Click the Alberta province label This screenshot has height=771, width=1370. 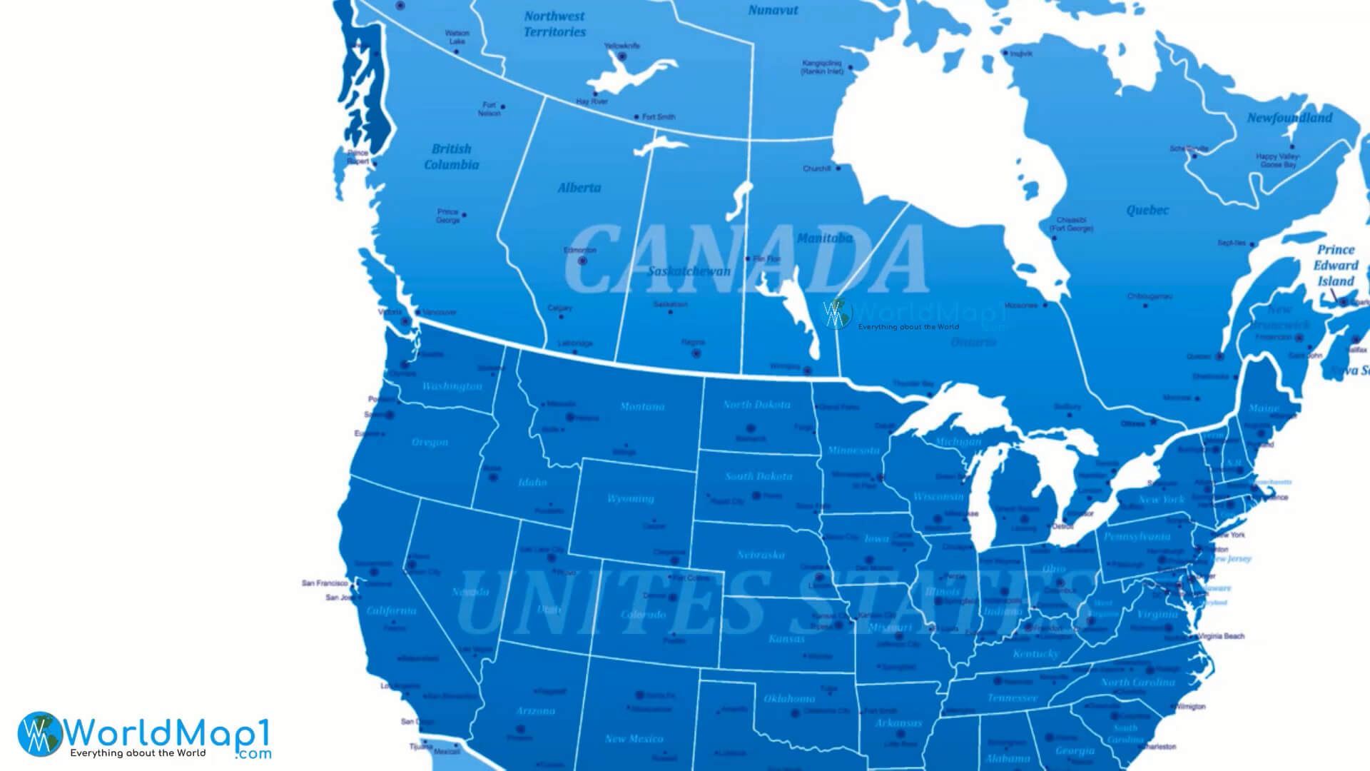(x=579, y=188)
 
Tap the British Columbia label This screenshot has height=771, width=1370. (x=451, y=156)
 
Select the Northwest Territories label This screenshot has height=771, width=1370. (x=554, y=24)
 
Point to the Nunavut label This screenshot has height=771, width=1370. (x=773, y=10)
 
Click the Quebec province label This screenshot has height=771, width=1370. (x=1147, y=210)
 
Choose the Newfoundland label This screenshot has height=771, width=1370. (x=1289, y=118)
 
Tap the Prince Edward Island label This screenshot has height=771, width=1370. (x=1336, y=265)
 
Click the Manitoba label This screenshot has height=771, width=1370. (x=824, y=238)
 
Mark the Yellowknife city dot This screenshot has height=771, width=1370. (x=621, y=56)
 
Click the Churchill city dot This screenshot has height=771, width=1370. (x=838, y=168)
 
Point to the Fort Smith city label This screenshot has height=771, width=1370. (x=658, y=116)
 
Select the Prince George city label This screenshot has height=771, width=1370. (x=448, y=216)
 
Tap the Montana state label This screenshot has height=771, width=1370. (x=641, y=406)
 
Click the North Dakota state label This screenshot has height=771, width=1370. (x=756, y=404)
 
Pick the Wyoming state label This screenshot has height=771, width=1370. (x=630, y=498)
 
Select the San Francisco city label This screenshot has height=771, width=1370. (x=324, y=583)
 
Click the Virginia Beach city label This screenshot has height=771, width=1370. (x=1221, y=635)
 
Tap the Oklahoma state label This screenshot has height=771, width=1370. (x=789, y=698)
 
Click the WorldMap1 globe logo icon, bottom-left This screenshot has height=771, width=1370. (x=40, y=734)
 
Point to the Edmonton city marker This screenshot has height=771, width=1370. (x=582, y=261)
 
